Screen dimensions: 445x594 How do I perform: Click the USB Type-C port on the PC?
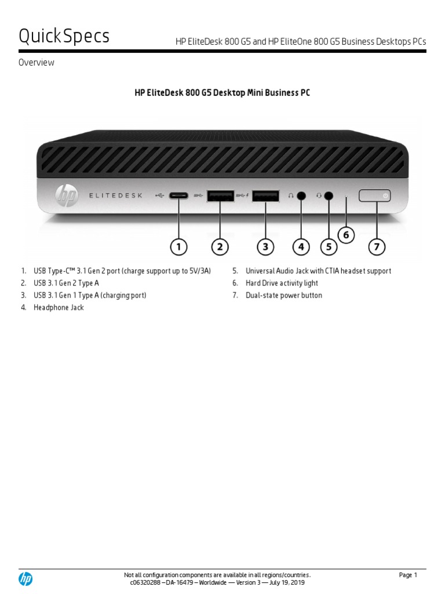pyautogui.click(x=179, y=196)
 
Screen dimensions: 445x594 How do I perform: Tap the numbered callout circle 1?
pyautogui.click(x=179, y=247)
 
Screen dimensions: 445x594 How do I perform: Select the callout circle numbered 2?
pyautogui.click(x=220, y=247)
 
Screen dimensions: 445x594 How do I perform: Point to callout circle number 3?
pyautogui.click(x=265, y=247)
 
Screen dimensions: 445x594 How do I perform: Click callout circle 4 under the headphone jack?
pyautogui.click(x=301, y=247)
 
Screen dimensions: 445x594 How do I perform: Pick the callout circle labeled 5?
pyautogui.click(x=329, y=247)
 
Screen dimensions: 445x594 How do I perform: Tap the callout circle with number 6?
pyautogui.click(x=346, y=235)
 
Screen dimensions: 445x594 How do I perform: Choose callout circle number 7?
pyautogui.click(x=377, y=247)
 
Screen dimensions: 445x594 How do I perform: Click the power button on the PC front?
pyautogui.click(x=375, y=196)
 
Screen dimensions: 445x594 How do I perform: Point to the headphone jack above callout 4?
pyautogui.click(x=301, y=196)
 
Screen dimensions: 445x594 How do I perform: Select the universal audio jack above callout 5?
pyautogui.click(x=329, y=196)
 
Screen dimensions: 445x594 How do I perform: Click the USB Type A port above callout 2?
pyautogui.click(x=220, y=196)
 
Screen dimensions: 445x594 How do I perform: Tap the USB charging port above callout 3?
pyautogui.click(x=265, y=196)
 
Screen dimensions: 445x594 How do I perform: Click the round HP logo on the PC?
pyautogui.click(x=66, y=195)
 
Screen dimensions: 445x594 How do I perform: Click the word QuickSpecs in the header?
pyautogui.click(x=64, y=37)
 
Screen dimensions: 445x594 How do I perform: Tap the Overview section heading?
pyautogui.click(x=37, y=63)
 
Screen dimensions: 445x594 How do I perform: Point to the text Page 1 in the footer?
pyautogui.click(x=408, y=575)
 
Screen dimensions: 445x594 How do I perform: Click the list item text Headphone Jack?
pyautogui.click(x=59, y=307)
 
